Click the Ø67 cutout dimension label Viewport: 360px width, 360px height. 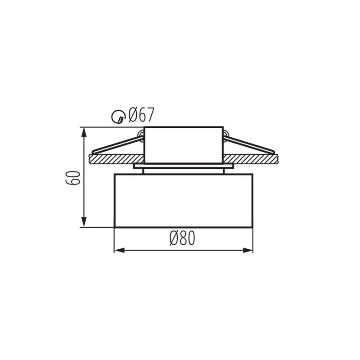click(141, 116)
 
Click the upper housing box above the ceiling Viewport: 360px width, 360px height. click(183, 144)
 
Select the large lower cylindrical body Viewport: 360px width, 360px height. click(183, 200)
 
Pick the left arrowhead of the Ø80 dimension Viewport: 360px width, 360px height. click(118, 250)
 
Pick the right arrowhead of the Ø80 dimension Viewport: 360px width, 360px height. click(249, 250)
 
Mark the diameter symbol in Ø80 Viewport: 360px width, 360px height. click(173, 238)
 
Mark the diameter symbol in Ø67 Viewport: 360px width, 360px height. click(132, 116)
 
